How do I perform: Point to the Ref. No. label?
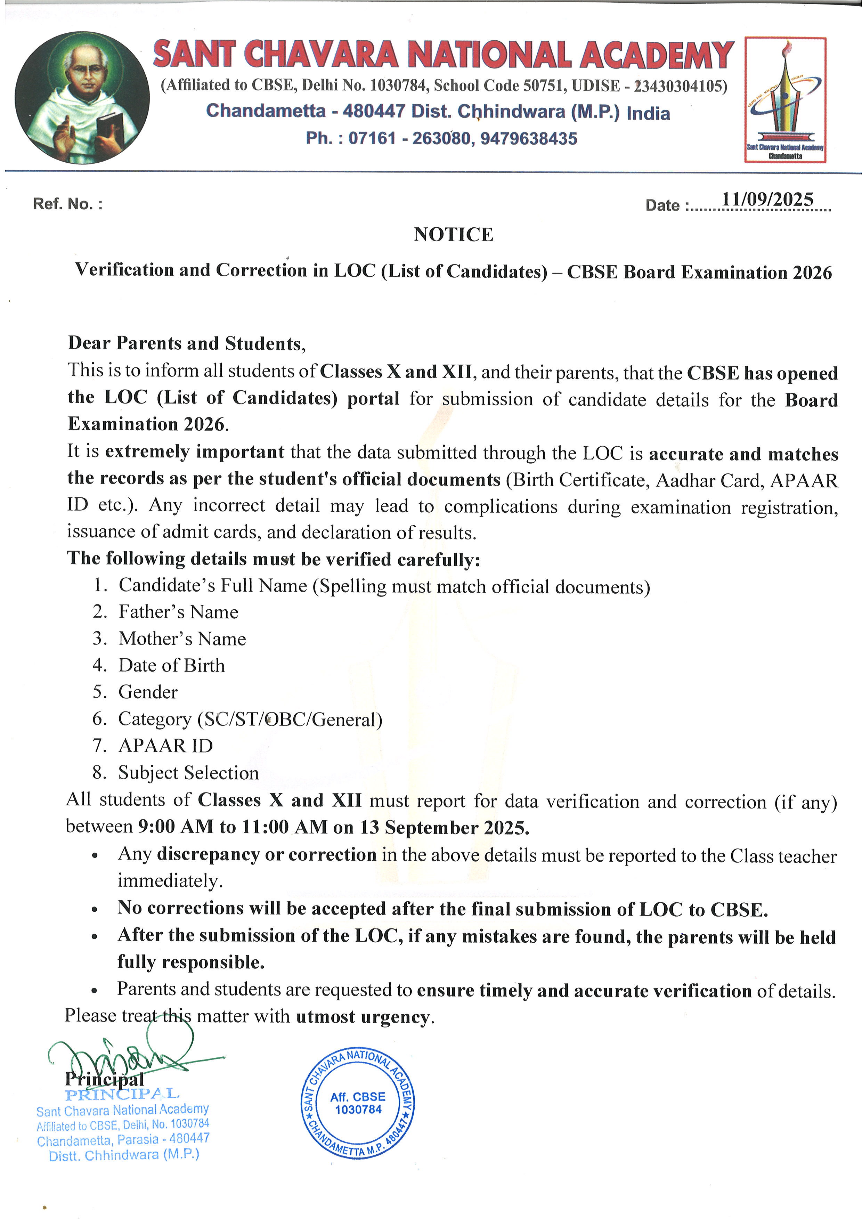pos(67,204)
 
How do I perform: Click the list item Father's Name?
pos(178,612)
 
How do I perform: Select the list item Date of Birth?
pos(171,665)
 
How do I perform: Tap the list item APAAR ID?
pos(165,746)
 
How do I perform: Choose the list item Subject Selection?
pos(188,772)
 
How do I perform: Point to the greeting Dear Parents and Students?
pos(186,343)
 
